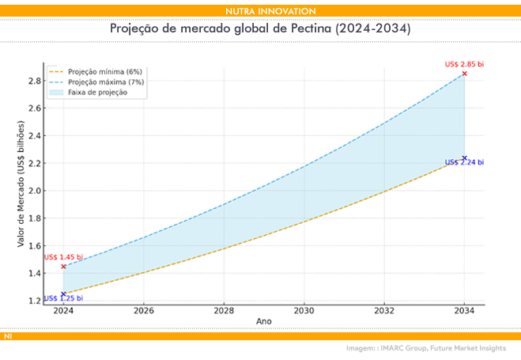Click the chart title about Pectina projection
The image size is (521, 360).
[260, 28]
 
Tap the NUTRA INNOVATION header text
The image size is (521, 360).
[260, 11]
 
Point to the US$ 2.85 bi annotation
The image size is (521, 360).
[463, 64]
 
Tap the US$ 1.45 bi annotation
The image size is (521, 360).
[63, 257]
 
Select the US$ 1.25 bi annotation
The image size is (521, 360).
[63, 298]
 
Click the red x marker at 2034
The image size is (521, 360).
[464, 74]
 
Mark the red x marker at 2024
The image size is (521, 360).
[63, 267]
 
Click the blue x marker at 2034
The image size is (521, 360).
[464, 158]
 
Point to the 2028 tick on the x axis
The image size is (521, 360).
[224, 311]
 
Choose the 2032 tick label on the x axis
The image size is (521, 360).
[384, 311]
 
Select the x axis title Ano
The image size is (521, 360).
[263, 321]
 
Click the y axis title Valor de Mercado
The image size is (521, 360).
[21, 184]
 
